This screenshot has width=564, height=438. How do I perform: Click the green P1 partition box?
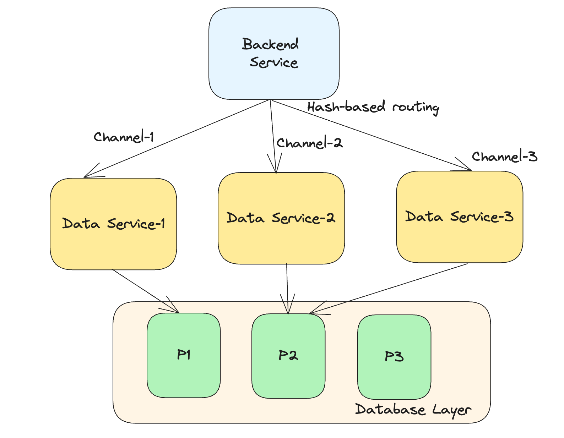click(184, 355)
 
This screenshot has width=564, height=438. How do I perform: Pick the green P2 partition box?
click(288, 356)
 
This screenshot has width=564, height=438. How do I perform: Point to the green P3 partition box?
click(394, 357)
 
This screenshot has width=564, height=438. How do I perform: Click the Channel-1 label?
click(124, 137)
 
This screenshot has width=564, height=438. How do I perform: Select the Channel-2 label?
click(309, 143)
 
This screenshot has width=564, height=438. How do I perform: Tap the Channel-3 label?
click(504, 157)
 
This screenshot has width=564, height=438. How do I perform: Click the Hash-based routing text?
click(373, 107)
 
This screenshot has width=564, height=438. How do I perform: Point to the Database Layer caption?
click(413, 410)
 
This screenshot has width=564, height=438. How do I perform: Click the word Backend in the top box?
click(270, 44)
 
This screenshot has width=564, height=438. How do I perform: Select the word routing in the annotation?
click(416, 107)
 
